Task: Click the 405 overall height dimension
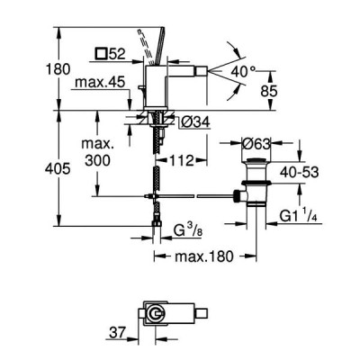coord(58,168)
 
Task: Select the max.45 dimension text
coord(100,82)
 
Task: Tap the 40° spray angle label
coord(243,72)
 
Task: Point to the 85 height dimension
coord(269,91)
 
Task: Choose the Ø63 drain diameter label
coord(256,145)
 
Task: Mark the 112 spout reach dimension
coord(182,161)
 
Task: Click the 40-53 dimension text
coord(299,172)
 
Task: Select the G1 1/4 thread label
coord(299,216)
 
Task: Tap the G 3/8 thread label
coord(186,231)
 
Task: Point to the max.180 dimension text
coord(204,256)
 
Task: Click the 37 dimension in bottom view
coord(118,333)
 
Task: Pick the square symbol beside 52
coord(102,54)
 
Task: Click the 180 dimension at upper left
coord(58,69)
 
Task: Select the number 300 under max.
coord(97,160)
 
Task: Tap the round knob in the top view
coord(156,314)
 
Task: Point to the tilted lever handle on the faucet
coord(158,46)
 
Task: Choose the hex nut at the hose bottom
coord(157,223)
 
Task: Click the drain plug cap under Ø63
coord(256,160)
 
